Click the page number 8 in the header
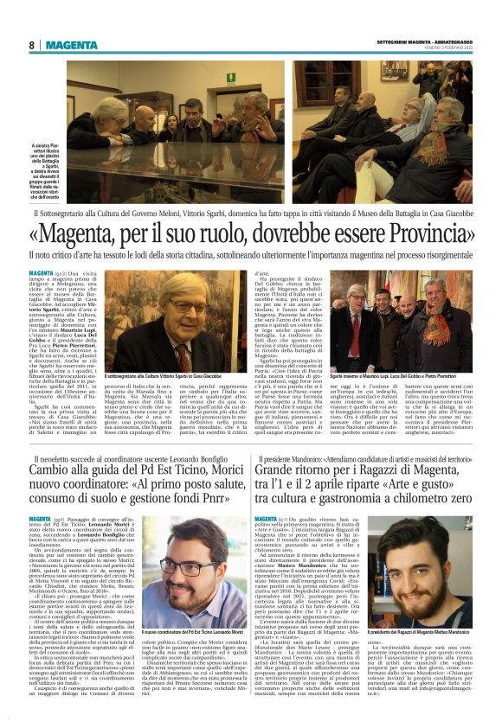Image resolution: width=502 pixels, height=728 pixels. pyautogui.click(x=31, y=45)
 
